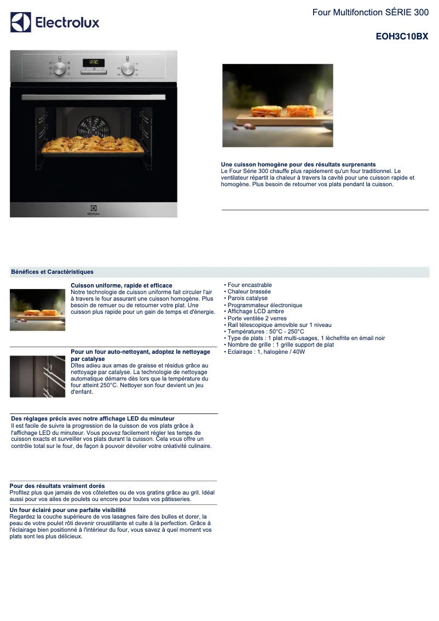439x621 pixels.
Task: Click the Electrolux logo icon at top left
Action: click(21, 22)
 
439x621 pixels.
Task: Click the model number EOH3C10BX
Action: click(402, 37)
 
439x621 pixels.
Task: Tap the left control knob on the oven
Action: click(59, 68)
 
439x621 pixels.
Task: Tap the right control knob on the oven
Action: click(128, 68)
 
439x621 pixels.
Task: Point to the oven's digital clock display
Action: click(94, 62)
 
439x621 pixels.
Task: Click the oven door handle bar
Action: click(94, 97)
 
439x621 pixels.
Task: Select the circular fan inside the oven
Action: click(93, 128)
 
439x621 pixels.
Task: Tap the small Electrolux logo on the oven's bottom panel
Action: click(94, 210)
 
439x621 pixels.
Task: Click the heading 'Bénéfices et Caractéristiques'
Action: click(52, 272)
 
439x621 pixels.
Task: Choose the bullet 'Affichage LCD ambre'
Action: click(254, 311)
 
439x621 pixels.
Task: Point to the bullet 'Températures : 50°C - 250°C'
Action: click(264, 331)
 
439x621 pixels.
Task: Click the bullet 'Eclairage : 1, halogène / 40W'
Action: click(264, 352)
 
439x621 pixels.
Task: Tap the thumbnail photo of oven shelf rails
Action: click(38, 376)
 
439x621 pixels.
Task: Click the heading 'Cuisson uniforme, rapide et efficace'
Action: click(122, 285)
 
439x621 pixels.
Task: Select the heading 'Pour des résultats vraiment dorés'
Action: click(57, 486)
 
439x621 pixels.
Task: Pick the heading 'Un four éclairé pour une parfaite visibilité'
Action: click(68, 510)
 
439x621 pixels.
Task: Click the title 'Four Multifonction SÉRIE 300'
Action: click(371, 13)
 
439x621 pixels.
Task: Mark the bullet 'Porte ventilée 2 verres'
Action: click(255, 318)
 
